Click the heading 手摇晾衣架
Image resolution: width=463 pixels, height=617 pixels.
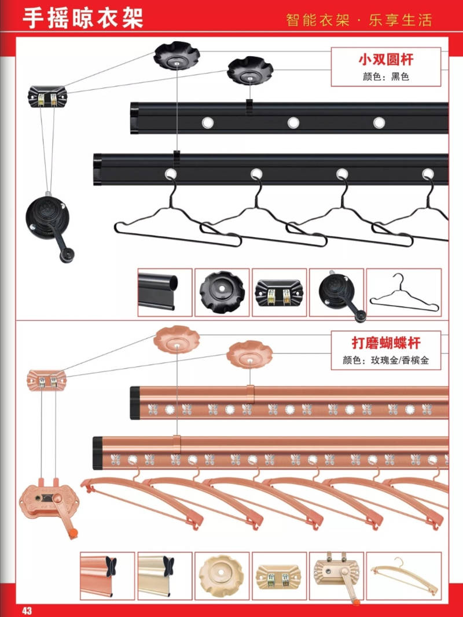(82, 17)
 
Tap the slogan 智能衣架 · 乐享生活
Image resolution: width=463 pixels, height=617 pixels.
(359, 20)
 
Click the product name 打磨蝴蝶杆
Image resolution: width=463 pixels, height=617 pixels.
(386, 344)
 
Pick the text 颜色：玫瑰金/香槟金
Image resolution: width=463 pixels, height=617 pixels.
(385, 360)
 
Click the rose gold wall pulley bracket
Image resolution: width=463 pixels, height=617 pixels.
(47, 379)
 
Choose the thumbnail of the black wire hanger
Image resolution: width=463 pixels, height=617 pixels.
(404, 292)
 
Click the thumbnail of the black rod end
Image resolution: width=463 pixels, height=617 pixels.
(164, 292)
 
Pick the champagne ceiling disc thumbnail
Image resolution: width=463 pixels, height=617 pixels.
(222, 575)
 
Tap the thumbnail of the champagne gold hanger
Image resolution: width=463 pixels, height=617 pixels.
(404, 575)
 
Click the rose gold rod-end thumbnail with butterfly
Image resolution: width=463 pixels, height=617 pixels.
(107, 575)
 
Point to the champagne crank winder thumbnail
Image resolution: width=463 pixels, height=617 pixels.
(336, 575)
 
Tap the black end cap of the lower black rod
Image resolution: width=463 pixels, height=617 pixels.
(97, 169)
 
